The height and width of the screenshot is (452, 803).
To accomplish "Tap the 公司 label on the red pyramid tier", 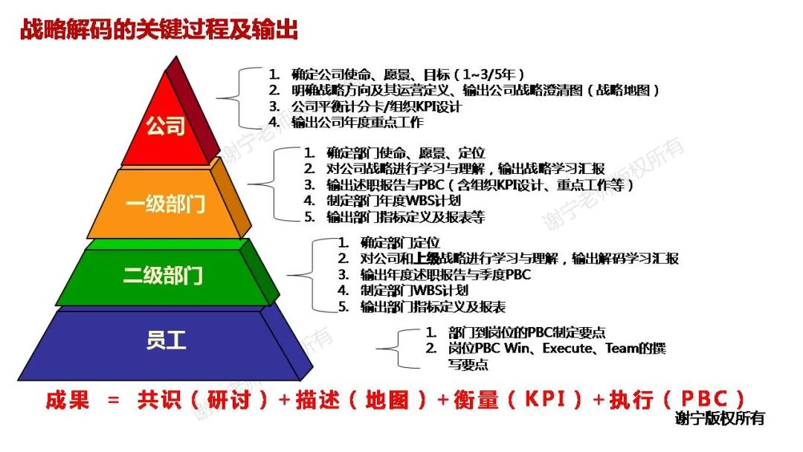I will pyautogui.click(x=165, y=126).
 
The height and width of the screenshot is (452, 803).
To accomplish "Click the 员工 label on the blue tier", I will pyautogui.click(x=166, y=341).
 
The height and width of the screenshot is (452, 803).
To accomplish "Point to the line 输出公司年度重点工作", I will pyautogui.click(x=357, y=121).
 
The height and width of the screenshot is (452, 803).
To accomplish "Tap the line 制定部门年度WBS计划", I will pyautogui.click(x=393, y=201).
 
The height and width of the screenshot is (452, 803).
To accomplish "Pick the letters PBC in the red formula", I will pyautogui.click(x=702, y=399).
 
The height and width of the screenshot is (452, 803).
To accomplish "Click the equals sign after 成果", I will pyautogui.click(x=113, y=400).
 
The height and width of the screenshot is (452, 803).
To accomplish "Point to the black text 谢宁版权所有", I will pyautogui.click(x=720, y=419).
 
